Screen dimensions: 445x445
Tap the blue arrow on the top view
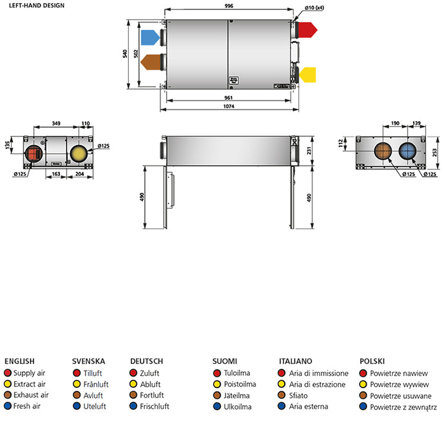(151, 38)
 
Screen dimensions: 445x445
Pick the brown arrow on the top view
(151, 62)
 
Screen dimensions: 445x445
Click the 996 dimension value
(229, 6)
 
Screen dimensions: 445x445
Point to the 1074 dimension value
(229, 107)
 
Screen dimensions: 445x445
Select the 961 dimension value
(228, 97)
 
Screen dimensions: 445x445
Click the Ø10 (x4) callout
(314, 7)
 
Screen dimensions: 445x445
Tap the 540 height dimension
(125, 54)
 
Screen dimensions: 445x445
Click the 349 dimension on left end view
(56, 123)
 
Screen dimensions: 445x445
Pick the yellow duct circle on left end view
(78, 154)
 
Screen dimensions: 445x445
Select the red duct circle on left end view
(33, 154)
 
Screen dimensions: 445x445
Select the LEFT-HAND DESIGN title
(34, 5)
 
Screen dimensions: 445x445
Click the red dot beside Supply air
(8, 373)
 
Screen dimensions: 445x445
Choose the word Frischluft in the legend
(154, 406)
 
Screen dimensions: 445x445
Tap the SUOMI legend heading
(225, 361)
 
